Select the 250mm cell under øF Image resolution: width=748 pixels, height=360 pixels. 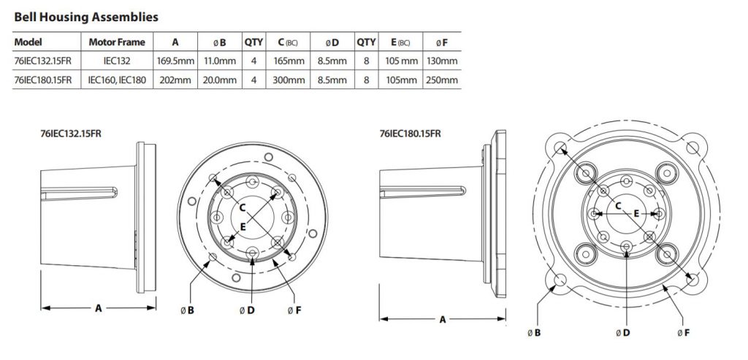click(443, 80)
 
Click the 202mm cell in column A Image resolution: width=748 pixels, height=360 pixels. click(173, 80)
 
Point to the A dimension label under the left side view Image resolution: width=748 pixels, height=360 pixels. click(98, 308)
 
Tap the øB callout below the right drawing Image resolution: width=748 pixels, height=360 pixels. click(533, 333)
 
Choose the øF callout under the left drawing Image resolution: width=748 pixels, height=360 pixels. click(294, 310)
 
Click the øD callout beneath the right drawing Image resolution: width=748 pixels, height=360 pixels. click(622, 333)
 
